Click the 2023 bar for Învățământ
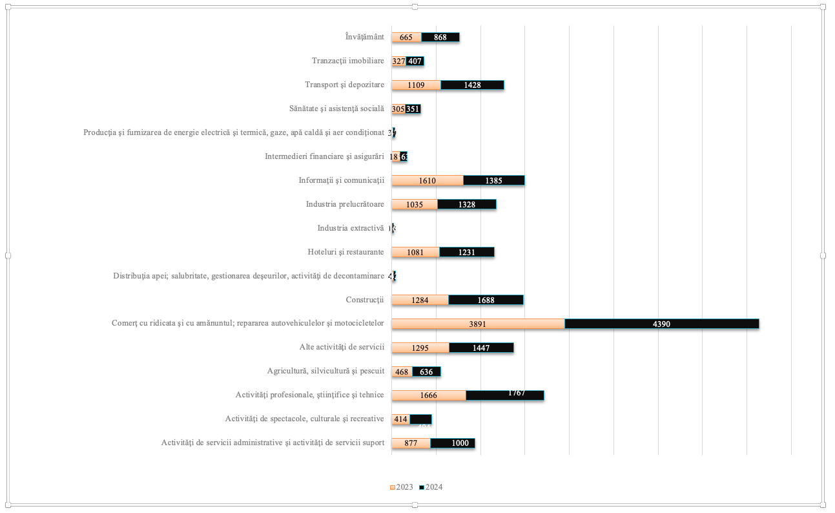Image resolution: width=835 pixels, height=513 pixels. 406,37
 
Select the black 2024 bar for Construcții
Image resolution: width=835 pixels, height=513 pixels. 486,300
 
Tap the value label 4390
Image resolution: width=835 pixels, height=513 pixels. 661,324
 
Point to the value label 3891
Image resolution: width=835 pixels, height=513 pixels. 478,324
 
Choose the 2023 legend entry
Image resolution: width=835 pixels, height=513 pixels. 401,487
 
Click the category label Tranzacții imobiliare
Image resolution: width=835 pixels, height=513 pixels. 347,61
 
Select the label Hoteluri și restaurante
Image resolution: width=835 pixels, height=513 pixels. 345,252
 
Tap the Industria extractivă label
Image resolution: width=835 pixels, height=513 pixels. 350,228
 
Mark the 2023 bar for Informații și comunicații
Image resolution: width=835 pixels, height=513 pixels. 428,180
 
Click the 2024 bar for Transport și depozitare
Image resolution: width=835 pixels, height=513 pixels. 472,85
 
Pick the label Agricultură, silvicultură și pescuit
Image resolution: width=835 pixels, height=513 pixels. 325,371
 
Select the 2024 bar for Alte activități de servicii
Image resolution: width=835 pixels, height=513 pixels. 481,348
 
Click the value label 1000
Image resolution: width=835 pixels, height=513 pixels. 460,443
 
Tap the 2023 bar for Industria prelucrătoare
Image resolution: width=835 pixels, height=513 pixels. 415,204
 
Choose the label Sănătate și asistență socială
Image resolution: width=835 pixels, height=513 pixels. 336,109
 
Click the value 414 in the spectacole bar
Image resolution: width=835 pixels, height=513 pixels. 400,419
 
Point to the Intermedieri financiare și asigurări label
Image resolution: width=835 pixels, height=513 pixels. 324,156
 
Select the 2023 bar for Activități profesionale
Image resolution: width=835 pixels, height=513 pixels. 429,395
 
